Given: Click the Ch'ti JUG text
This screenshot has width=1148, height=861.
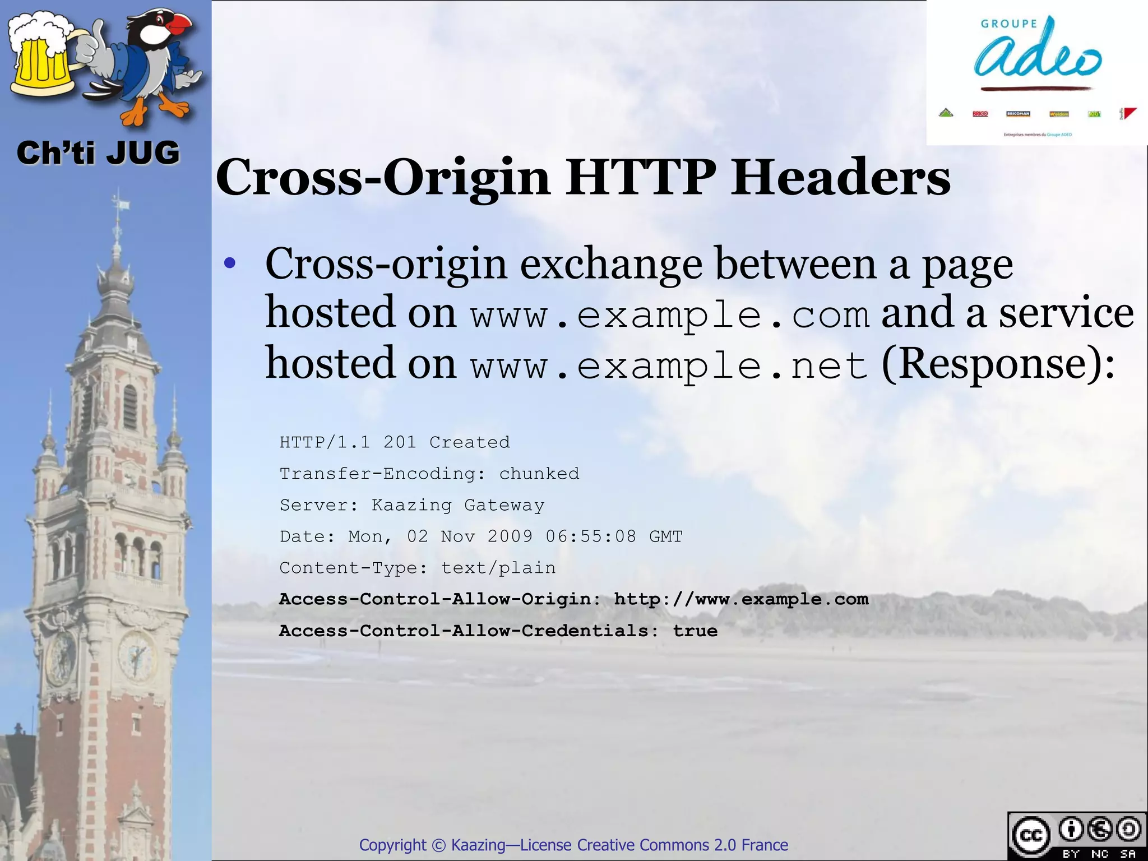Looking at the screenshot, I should click(98, 153).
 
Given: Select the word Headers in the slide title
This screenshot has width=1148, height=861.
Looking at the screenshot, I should click(841, 177).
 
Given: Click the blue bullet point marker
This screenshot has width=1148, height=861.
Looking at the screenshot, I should click(229, 263).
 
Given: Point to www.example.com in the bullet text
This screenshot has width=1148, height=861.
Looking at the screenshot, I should click(670, 315).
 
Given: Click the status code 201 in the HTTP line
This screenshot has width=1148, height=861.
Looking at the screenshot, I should click(400, 442).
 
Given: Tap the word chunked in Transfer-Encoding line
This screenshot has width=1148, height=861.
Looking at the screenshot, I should click(539, 474).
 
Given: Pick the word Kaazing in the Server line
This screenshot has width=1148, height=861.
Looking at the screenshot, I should click(411, 505).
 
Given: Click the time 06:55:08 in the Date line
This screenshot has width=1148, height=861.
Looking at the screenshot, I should click(591, 536).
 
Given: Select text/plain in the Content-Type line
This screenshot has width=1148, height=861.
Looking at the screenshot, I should click(498, 568).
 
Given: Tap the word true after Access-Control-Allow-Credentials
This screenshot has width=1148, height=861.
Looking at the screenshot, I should click(695, 631).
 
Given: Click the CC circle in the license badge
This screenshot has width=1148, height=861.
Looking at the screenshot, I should click(1030, 835).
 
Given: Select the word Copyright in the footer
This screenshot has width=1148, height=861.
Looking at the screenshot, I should click(392, 845).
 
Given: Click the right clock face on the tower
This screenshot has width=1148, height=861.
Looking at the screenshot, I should click(136, 655).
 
